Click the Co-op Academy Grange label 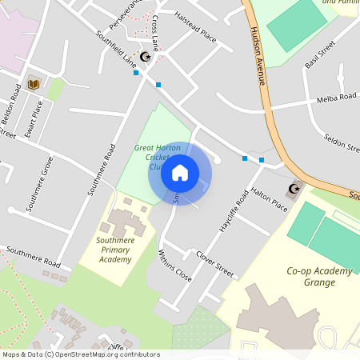point(319,277)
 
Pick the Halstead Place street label point(196,38)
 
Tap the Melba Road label point(335,98)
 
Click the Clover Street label point(214,265)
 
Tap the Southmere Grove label point(39,183)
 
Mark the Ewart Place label point(34,118)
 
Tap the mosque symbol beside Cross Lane point(145,57)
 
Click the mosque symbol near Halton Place point(294,189)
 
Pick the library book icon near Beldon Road point(34,83)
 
